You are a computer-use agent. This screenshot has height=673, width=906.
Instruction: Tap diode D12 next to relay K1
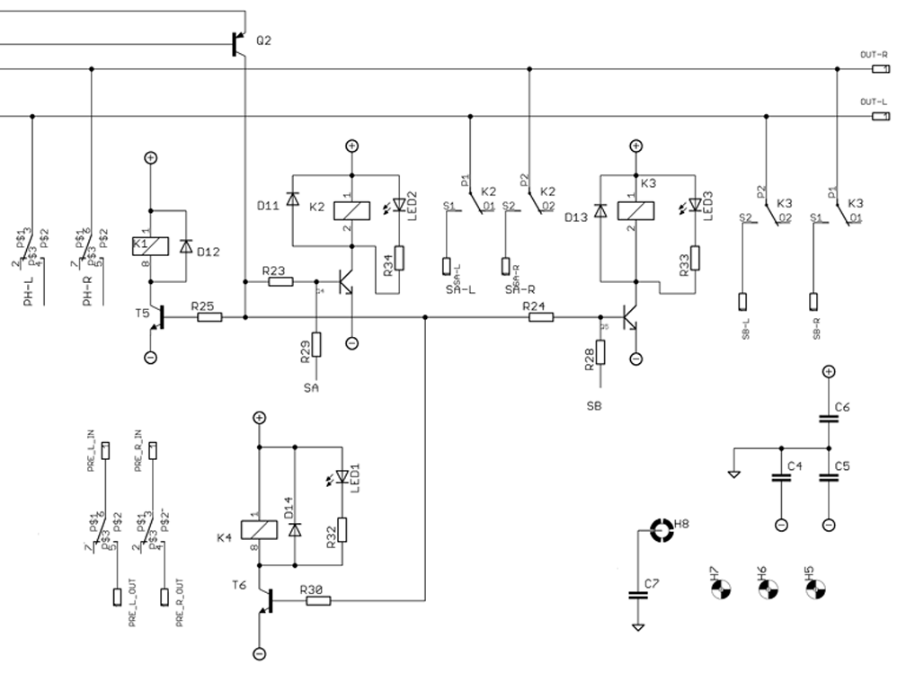(x=185, y=245)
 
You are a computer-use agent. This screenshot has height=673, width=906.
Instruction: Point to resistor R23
(x=280, y=282)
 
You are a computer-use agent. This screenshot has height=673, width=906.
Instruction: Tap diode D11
(x=291, y=199)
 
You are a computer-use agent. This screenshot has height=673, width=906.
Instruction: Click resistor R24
(x=539, y=316)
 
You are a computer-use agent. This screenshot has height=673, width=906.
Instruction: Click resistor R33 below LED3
(x=694, y=258)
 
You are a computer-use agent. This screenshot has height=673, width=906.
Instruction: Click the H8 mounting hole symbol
(x=662, y=531)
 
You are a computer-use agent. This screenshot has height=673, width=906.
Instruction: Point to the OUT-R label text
(x=874, y=55)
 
